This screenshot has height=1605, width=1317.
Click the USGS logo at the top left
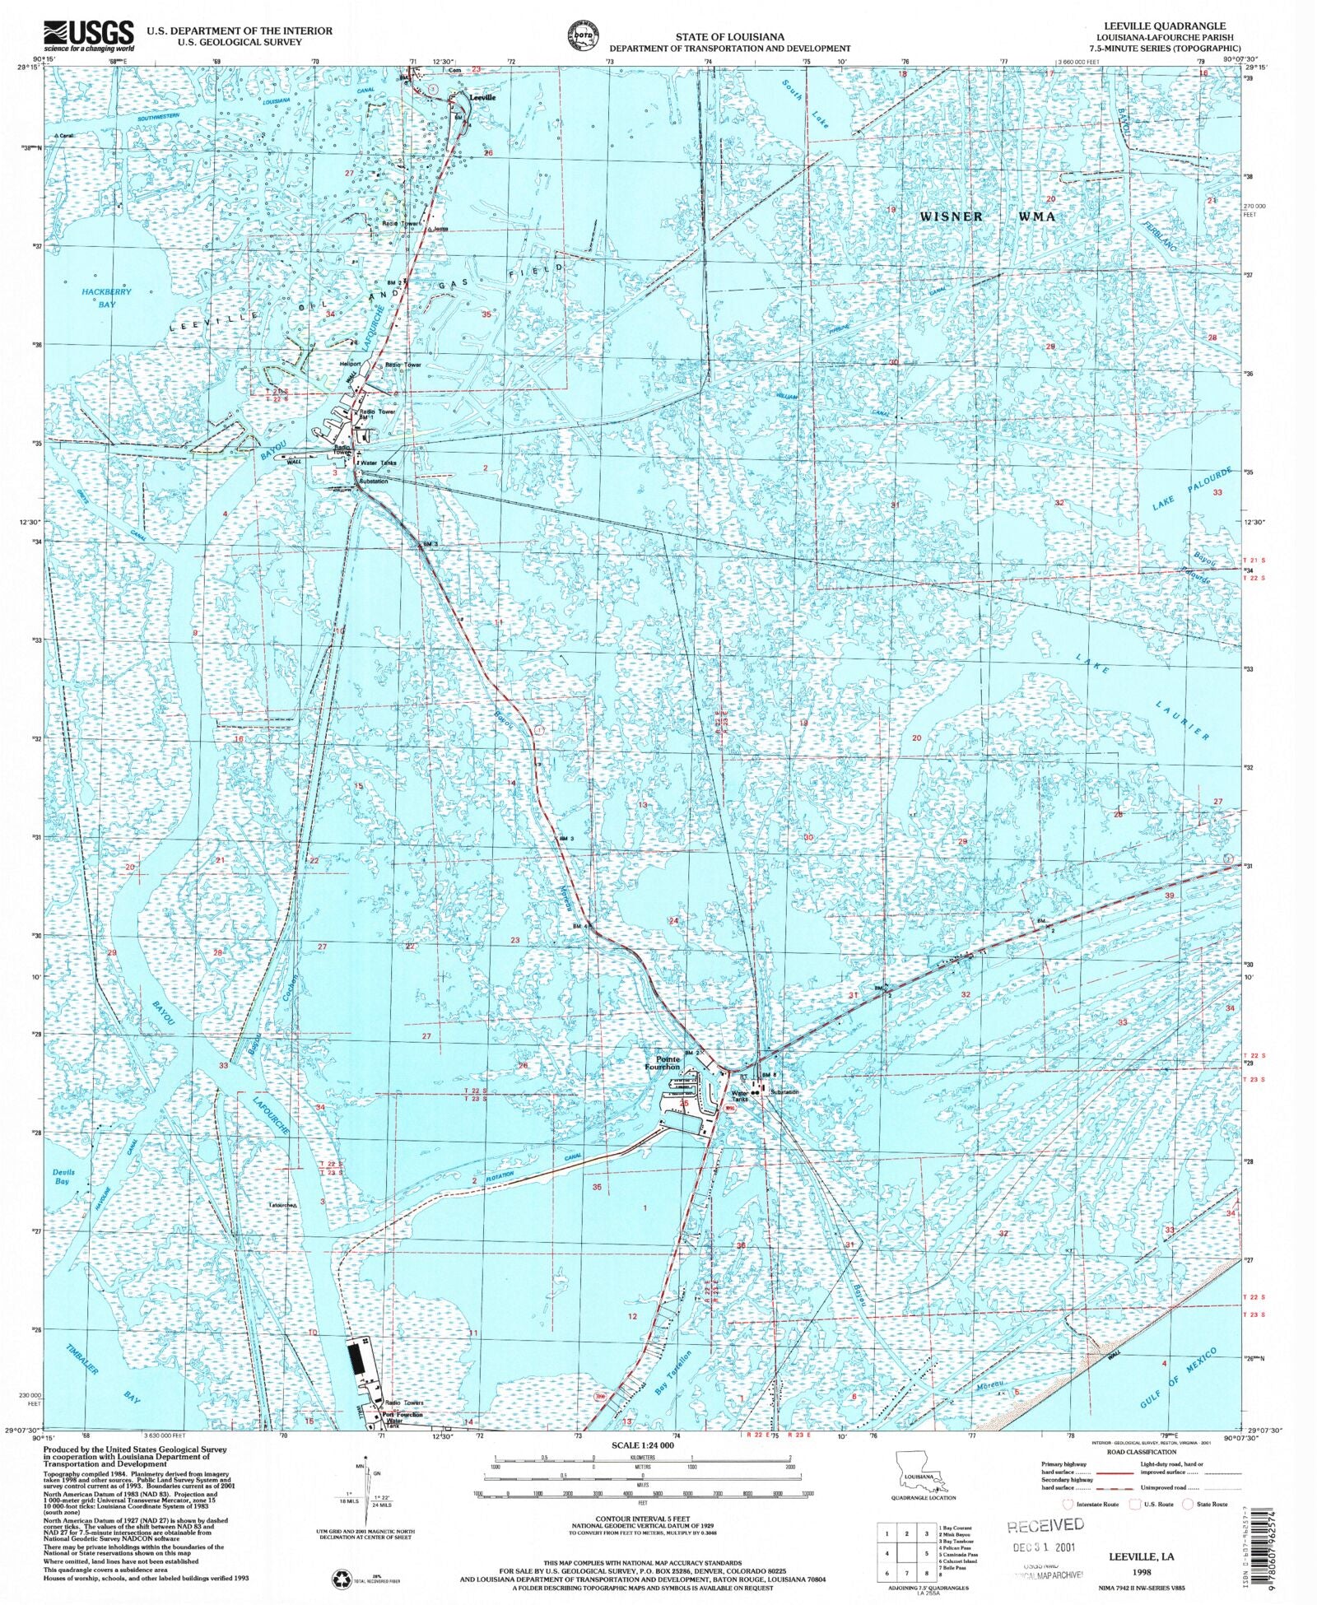pos(88,35)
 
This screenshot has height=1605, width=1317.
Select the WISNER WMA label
pos(987,216)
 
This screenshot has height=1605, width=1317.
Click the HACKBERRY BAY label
pos(106,298)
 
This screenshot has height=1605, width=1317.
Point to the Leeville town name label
pos(482,97)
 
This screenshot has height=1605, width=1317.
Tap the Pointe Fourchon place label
pos(662,1063)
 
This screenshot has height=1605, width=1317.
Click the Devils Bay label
pos(63,1176)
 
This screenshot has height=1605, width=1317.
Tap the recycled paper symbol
pos(342,1578)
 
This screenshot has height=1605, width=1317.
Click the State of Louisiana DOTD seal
pos(582,37)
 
